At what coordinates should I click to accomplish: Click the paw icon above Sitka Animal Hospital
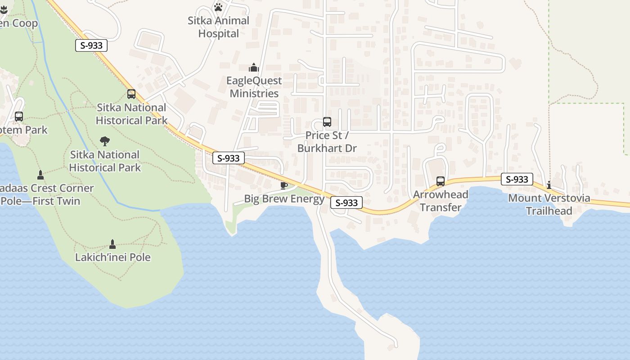pyautogui.click(x=218, y=7)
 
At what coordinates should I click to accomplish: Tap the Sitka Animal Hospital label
pyautogui.click(x=218, y=27)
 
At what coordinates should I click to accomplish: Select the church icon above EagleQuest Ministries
pyautogui.click(x=254, y=67)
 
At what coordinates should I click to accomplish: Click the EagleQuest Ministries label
pyautogui.click(x=254, y=87)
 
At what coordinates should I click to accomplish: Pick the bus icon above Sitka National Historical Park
pyautogui.click(x=131, y=94)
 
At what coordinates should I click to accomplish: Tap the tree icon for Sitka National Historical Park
pyautogui.click(x=105, y=141)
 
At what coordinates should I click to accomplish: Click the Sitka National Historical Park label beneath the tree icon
pyautogui.click(x=105, y=161)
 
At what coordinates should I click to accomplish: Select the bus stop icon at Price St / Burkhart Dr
pyautogui.click(x=327, y=122)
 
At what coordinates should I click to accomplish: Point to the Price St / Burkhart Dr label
pyautogui.click(x=327, y=142)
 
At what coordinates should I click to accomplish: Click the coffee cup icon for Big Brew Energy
pyautogui.click(x=283, y=185)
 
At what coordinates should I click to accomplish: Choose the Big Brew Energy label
pyautogui.click(x=284, y=199)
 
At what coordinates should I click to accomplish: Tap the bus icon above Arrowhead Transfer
pyautogui.click(x=441, y=181)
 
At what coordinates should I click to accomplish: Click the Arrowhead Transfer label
pyautogui.click(x=441, y=201)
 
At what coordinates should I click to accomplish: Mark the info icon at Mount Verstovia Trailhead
pyautogui.click(x=549, y=185)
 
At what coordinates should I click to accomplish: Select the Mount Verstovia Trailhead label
pyautogui.click(x=549, y=204)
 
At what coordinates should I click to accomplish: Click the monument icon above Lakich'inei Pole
pyautogui.click(x=112, y=244)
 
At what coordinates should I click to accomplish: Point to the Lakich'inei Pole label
pyautogui.click(x=112, y=257)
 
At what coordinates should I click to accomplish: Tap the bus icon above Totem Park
pyautogui.click(x=19, y=117)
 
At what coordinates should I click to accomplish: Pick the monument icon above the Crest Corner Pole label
pyautogui.click(x=40, y=175)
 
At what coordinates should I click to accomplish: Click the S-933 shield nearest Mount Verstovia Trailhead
pyautogui.click(x=517, y=179)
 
